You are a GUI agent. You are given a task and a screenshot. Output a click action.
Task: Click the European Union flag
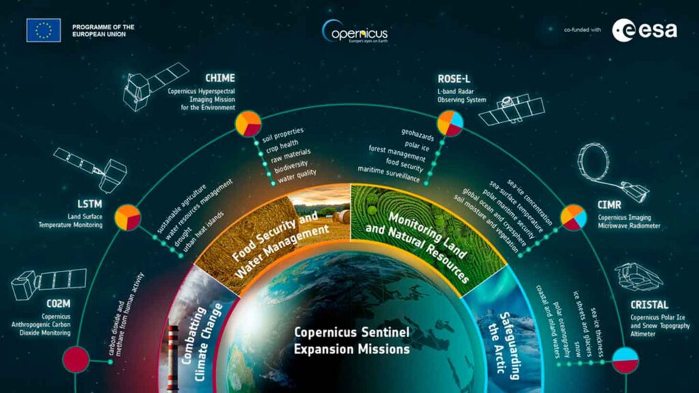(43, 30)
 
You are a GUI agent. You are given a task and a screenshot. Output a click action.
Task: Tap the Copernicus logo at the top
(355, 31)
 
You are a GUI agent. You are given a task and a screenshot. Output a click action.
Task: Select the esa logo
(644, 30)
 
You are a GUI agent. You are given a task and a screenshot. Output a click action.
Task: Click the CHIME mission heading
(220, 78)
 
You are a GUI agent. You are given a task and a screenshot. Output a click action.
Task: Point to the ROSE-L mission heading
(454, 79)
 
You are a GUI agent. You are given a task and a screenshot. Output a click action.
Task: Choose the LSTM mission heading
(89, 204)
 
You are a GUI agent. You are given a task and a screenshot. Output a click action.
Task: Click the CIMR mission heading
(609, 205)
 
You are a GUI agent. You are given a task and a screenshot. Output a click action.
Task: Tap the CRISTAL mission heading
(650, 305)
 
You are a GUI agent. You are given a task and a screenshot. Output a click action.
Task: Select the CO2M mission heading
(59, 304)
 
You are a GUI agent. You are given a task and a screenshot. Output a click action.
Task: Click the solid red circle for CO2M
(76, 360)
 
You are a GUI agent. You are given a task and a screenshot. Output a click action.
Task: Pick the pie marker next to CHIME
(248, 123)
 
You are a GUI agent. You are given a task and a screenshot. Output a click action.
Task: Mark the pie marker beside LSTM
(128, 218)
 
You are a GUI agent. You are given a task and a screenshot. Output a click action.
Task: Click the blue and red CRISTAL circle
(625, 360)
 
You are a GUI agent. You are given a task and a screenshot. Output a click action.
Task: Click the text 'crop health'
(282, 146)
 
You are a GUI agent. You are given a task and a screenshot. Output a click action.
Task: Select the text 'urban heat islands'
(203, 232)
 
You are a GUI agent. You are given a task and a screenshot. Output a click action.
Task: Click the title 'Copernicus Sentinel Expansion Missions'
(352, 341)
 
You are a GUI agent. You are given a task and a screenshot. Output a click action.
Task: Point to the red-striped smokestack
(173, 359)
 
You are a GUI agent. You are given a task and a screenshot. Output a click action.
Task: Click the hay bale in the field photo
(342, 217)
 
